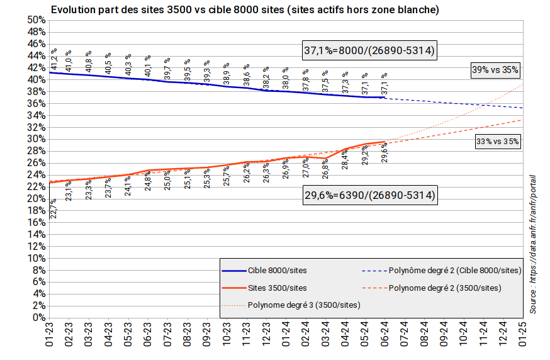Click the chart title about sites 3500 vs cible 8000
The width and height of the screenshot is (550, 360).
tap(245, 10)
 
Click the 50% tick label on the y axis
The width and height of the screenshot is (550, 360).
tap(36, 20)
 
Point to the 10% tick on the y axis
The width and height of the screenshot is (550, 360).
tap(36, 258)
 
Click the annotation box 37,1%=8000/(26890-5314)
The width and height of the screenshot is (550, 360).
tap(369, 50)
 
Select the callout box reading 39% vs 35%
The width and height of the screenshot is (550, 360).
tap(494, 70)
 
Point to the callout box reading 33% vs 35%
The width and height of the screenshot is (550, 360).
tap(497, 142)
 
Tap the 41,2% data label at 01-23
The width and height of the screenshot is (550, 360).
tap(55, 60)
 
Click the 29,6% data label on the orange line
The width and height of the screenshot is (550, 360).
tap(384, 152)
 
